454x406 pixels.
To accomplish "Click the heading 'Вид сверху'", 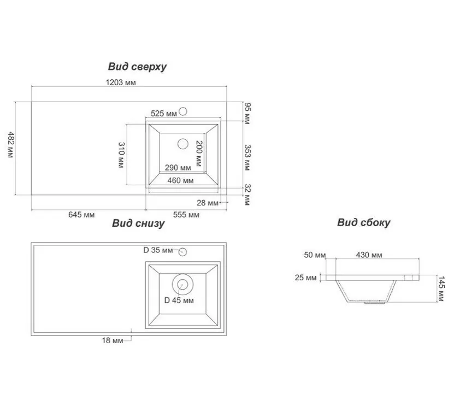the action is point(137,67).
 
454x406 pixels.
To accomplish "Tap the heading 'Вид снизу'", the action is point(138,223).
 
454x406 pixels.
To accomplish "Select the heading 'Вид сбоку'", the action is point(364,222).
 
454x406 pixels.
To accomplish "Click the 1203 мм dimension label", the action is point(120,83).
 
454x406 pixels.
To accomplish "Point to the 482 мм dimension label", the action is point(11,145).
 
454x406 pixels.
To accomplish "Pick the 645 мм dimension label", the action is point(81,215).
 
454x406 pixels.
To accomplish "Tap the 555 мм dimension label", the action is point(186,215).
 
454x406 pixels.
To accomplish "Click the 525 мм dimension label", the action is point(163,114).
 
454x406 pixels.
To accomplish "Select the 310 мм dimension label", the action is point(121,155).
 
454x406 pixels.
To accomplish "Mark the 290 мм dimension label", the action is point(178,168).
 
